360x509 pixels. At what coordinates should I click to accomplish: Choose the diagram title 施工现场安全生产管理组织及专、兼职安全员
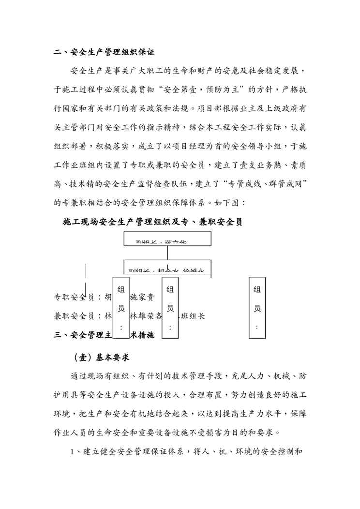153,222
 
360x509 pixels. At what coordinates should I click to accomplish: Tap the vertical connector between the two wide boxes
167,254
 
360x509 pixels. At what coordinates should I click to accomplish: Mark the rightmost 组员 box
257,307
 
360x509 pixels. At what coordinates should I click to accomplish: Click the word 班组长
193,316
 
